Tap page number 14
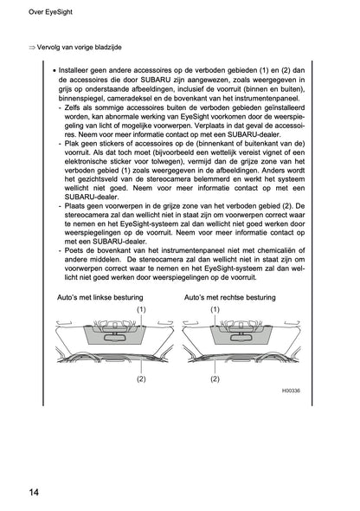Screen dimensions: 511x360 [32, 493]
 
